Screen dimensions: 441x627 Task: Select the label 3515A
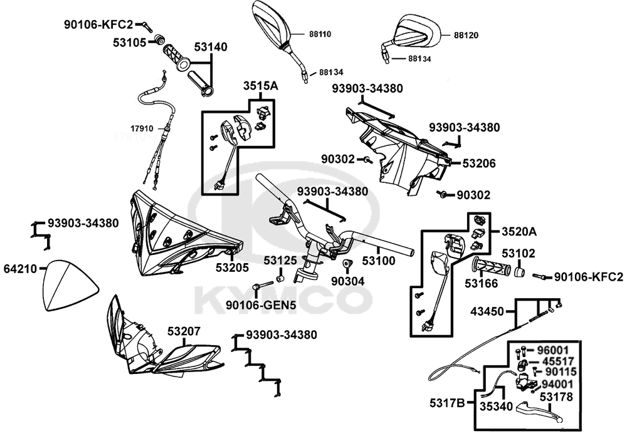(260, 86)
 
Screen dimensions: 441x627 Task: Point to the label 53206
(479, 163)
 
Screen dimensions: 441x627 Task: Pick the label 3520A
(519, 232)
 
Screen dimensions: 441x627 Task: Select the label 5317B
(446, 403)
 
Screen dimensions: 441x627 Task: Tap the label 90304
(347, 282)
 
